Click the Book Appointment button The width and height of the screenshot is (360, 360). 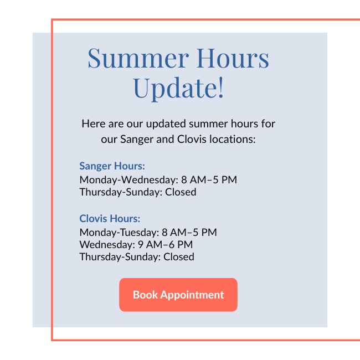[x=178, y=295]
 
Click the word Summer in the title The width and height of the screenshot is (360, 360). [x=138, y=58]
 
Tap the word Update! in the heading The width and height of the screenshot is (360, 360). [x=178, y=89]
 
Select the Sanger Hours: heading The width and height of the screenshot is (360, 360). [x=112, y=166]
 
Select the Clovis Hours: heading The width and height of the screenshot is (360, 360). [x=110, y=219]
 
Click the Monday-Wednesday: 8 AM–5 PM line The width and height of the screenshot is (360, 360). [x=158, y=179]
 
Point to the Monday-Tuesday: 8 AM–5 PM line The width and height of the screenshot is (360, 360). [x=148, y=233]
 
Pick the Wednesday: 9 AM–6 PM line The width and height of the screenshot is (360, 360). [x=136, y=244]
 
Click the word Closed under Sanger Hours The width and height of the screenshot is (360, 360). [x=181, y=192]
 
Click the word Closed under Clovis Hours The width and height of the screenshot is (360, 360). [x=179, y=256]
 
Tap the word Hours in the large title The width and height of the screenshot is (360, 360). [x=233, y=58]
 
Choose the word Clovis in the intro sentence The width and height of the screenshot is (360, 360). [x=192, y=139]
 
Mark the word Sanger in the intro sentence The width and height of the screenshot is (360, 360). [x=136, y=140]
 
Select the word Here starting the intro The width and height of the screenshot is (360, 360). [x=94, y=124]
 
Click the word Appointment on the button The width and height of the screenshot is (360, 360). [x=192, y=295]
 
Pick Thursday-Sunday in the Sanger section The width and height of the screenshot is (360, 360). [x=121, y=192]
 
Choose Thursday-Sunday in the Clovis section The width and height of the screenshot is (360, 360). [x=120, y=257]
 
